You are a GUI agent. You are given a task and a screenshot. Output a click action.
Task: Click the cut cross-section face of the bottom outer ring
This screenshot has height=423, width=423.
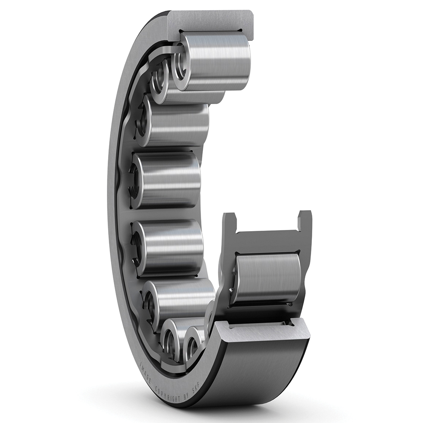pyautogui.click(x=261, y=327)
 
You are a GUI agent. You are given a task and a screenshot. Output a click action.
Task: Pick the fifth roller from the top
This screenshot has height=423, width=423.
pyautogui.click(x=171, y=246)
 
